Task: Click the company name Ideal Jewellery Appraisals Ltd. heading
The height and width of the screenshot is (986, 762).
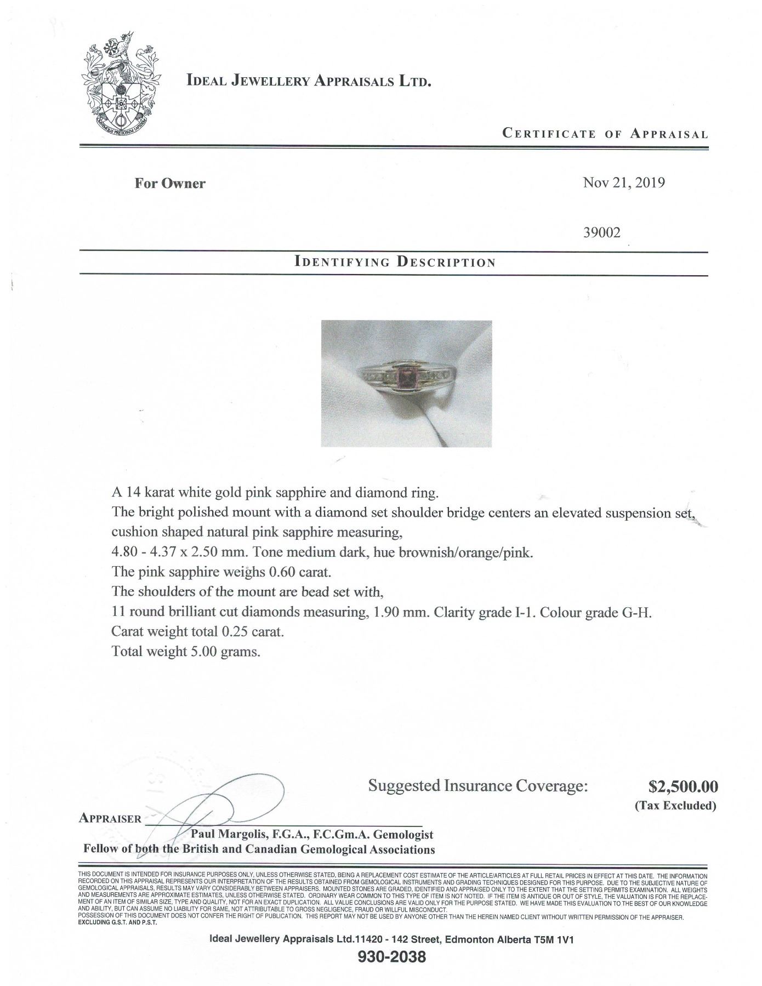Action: (x=309, y=81)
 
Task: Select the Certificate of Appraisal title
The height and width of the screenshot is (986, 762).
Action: (x=605, y=134)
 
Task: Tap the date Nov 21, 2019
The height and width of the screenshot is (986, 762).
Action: (x=624, y=183)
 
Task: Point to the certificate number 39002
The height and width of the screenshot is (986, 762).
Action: (x=602, y=232)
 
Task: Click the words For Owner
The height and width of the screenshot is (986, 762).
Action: (x=170, y=183)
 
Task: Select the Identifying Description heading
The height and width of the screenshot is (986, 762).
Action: (x=395, y=261)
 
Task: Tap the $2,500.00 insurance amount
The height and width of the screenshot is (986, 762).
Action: (x=683, y=786)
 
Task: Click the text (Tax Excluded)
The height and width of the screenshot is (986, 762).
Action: (x=675, y=805)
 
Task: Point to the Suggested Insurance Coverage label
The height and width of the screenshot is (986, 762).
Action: (x=477, y=786)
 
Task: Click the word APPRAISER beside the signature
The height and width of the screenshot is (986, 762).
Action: (x=111, y=818)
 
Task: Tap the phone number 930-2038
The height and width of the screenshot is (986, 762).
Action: (x=391, y=957)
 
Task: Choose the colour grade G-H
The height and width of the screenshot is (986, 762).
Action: (x=636, y=612)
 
